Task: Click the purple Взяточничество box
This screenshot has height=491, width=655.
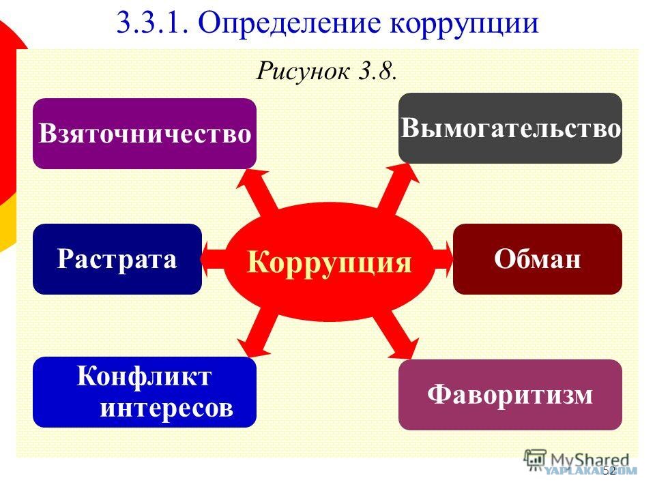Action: point(145,134)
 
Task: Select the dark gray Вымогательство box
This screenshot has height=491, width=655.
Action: point(510,128)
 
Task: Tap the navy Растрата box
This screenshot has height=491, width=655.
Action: point(117,259)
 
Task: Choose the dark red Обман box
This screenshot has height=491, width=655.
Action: point(538,259)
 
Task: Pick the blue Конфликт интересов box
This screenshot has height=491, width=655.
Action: point(145,392)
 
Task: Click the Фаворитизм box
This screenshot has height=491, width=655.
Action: point(510,395)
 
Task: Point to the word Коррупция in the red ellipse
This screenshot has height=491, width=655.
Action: point(330,261)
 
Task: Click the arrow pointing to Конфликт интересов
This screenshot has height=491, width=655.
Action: point(258,333)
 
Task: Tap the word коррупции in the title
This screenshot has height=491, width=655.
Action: point(464,23)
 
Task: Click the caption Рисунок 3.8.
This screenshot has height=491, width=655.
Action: point(327,70)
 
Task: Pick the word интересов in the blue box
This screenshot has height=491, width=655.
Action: point(166,408)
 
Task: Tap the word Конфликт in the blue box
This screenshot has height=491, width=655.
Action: point(145,376)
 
